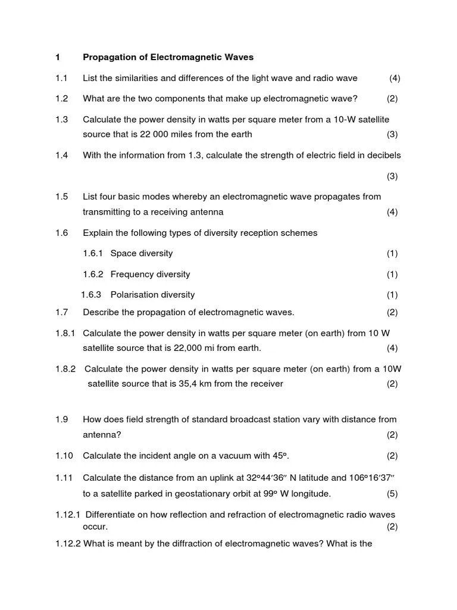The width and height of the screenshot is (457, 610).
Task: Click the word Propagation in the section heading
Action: (108, 57)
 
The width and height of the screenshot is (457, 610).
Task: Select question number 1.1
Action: (61, 78)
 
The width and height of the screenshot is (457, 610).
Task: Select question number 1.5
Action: (61, 197)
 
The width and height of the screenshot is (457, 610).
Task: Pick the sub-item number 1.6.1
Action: (93, 253)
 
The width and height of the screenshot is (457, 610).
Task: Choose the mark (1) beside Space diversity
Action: (392, 253)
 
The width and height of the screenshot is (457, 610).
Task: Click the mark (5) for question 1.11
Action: (392, 493)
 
